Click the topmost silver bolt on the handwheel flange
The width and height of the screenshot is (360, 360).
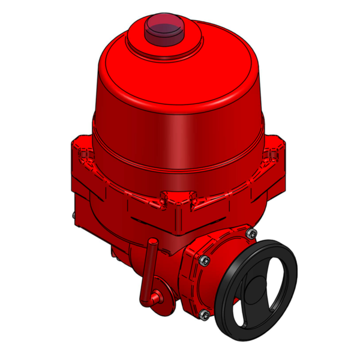[x=251, y=233]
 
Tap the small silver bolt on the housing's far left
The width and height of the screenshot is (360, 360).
[x=73, y=217]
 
